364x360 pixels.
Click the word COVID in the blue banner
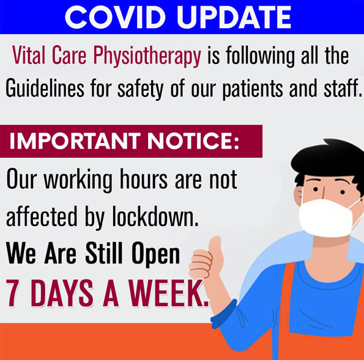115,17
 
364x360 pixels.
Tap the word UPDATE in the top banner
234,17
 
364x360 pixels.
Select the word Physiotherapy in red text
147,56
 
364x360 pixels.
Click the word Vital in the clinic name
29,54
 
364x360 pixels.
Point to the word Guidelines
45,88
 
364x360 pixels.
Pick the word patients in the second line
253,89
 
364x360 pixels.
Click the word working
78,180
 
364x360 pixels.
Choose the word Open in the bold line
156,254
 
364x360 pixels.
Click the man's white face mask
326,218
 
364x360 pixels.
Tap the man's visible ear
298,196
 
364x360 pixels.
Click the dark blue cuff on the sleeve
224,314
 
